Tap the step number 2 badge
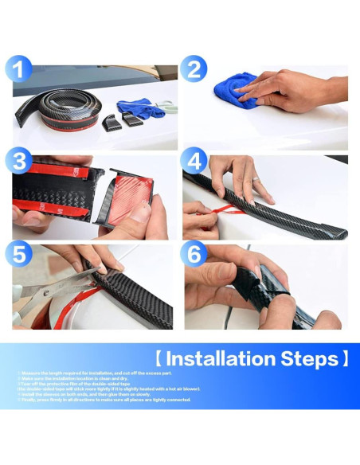(x=192, y=69)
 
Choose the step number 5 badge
(x=21, y=256)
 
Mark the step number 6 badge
(x=194, y=256)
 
